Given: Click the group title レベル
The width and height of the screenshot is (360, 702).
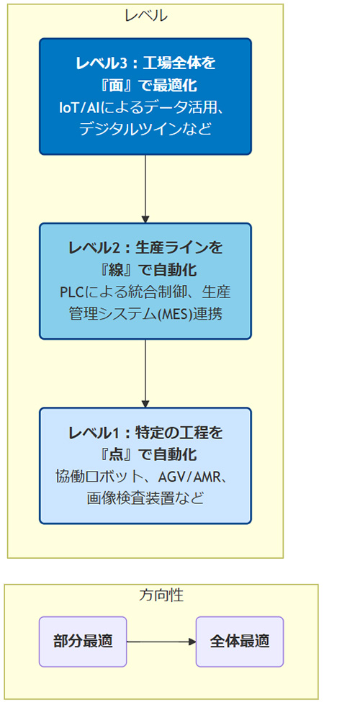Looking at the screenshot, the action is pos(145,16).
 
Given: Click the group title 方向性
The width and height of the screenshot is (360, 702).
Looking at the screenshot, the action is pos(161,595).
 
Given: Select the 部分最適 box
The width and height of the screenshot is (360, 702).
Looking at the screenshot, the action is pos(83,642).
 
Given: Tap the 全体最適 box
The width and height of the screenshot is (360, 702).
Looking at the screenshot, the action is pos(240,642).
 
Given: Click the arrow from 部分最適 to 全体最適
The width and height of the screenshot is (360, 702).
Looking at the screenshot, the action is pos(161,642).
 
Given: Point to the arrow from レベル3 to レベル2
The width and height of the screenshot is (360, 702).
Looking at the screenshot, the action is pos(145,189).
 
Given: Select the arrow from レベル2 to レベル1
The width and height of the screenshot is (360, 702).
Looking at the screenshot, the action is pos(145,374).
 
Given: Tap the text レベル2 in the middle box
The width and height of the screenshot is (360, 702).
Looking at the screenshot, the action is pos(94,248).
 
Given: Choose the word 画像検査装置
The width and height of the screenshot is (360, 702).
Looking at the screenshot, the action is pos(131,498).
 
